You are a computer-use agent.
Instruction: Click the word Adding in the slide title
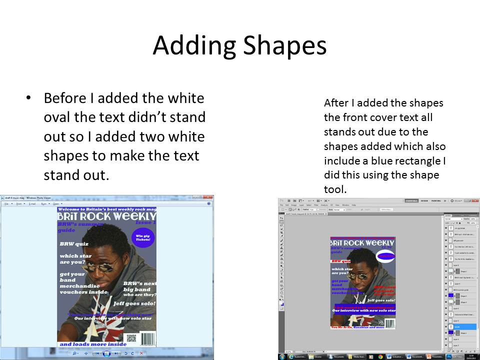click(x=194, y=46)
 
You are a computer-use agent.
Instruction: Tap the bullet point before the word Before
click(x=28, y=98)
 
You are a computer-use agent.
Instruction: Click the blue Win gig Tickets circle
click(x=142, y=237)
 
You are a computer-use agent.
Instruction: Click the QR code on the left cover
click(x=131, y=338)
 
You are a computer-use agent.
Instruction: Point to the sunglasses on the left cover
click(x=102, y=264)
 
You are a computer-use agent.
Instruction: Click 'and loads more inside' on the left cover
click(x=93, y=344)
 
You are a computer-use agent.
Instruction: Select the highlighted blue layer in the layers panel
click(x=460, y=326)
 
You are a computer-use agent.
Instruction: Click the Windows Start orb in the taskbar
click(x=282, y=356)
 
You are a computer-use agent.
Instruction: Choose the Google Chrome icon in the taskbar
click(x=380, y=356)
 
